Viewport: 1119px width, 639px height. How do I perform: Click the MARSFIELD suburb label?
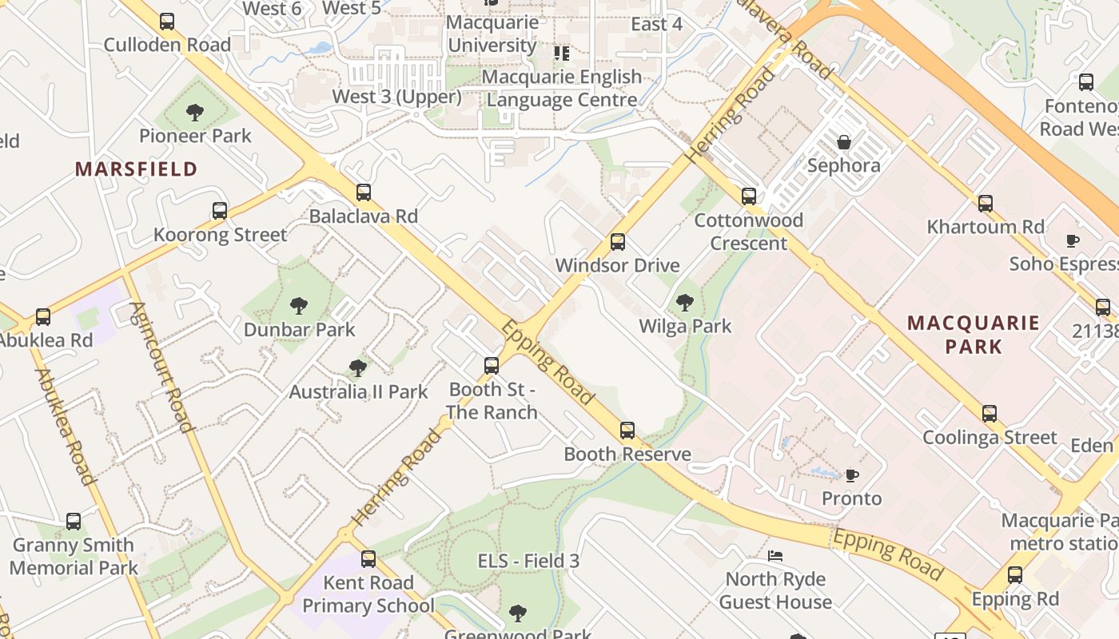pyautogui.click(x=136, y=169)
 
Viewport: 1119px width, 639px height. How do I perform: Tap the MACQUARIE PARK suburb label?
pyautogui.click(x=974, y=335)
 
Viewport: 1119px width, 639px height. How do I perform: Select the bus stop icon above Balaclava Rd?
pyautogui.click(x=364, y=192)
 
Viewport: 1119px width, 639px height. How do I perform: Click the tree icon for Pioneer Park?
pyautogui.click(x=195, y=113)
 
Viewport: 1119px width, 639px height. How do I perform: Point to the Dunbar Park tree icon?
pyautogui.click(x=299, y=306)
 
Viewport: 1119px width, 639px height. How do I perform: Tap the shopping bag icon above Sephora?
pyautogui.click(x=843, y=143)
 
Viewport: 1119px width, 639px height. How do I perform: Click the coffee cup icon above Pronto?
pyautogui.click(x=852, y=475)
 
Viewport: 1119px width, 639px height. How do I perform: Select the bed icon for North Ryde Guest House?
pyautogui.click(x=775, y=556)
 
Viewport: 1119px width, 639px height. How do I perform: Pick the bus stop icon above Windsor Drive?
pyautogui.click(x=618, y=242)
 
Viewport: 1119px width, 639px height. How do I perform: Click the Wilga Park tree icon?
pyautogui.click(x=684, y=303)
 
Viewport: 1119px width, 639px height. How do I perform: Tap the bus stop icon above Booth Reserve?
pyautogui.click(x=627, y=431)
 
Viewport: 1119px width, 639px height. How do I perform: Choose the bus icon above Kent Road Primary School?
pyautogui.click(x=368, y=559)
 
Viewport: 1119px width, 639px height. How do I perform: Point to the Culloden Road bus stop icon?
pyautogui.click(x=167, y=22)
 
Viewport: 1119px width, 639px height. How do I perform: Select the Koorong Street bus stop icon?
pyautogui.click(x=220, y=211)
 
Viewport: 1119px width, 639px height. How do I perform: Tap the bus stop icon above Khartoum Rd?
pyautogui.click(x=986, y=204)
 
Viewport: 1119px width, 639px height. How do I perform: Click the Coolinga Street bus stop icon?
pyautogui.click(x=990, y=414)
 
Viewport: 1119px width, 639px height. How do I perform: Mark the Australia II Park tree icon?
pyautogui.click(x=358, y=368)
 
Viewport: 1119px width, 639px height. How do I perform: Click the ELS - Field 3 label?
pyautogui.click(x=528, y=561)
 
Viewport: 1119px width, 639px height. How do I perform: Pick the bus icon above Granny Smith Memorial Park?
pyautogui.click(x=74, y=522)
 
